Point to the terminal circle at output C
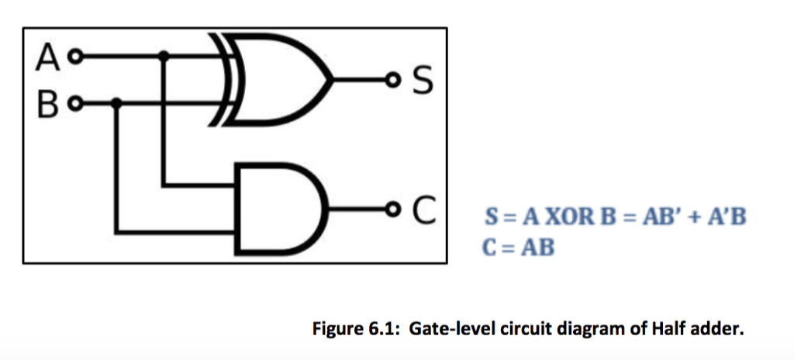395,209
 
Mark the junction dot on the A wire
163,56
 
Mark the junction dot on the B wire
116,102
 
